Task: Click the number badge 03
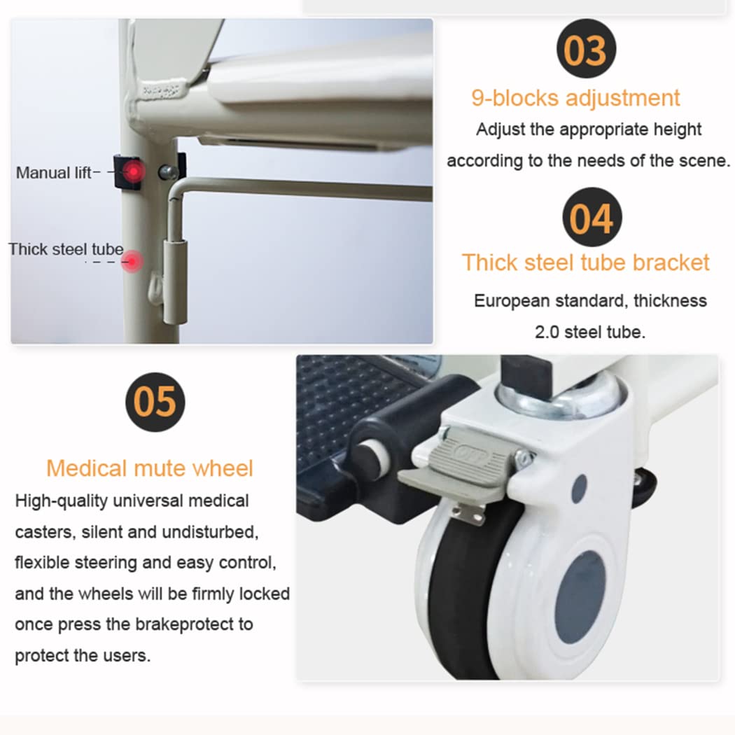[586, 49]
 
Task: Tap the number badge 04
[592, 217]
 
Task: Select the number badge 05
[155, 402]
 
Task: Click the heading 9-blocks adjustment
[575, 99]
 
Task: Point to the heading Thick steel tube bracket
[586, 262]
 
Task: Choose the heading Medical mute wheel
[150, 468]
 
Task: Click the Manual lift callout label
[53, 173]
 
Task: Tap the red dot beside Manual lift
[134, 171]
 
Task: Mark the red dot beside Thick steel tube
[133, 261]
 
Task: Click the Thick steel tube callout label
[66, 249]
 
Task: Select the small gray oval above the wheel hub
[580, 489]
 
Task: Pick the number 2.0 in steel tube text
[547, 332]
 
